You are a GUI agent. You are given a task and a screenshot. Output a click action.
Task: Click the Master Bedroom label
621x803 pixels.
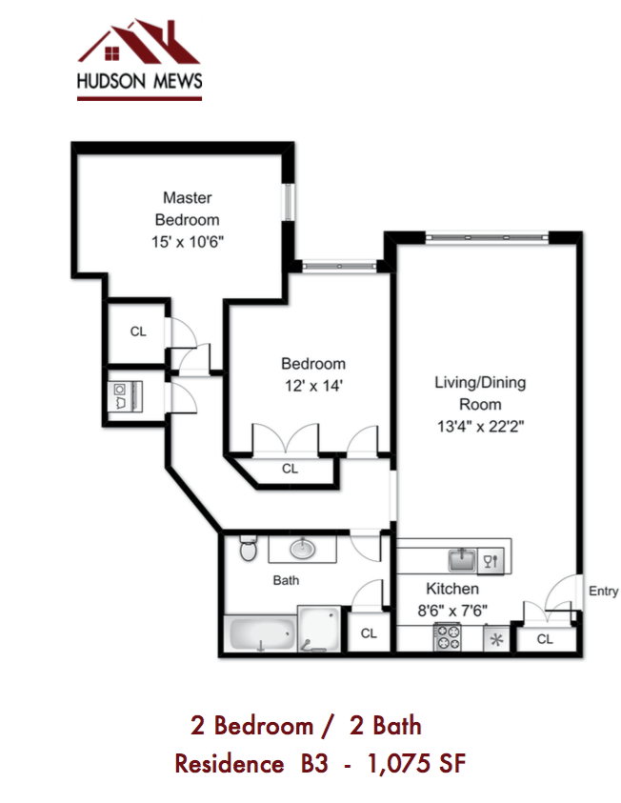[x=187, y=209]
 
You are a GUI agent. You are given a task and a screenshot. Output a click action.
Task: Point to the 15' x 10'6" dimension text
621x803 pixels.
[x=187, y=242]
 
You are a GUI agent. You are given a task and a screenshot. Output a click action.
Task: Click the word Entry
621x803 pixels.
[x=603, y=591]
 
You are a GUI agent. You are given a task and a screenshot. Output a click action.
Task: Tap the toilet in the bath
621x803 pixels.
[x=248, y=549]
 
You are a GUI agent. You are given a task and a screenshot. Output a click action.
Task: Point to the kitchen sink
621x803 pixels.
[x=462, y=558]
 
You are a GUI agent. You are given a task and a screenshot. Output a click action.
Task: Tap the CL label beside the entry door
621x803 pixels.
[x=545, y=639]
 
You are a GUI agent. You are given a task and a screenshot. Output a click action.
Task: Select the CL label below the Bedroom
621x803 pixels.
[x=290, y=469]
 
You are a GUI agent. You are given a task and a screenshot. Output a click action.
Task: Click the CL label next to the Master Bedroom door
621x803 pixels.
[x=137, y=331]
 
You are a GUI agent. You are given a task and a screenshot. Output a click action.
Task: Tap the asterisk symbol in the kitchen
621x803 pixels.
[x=495, y=639]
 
